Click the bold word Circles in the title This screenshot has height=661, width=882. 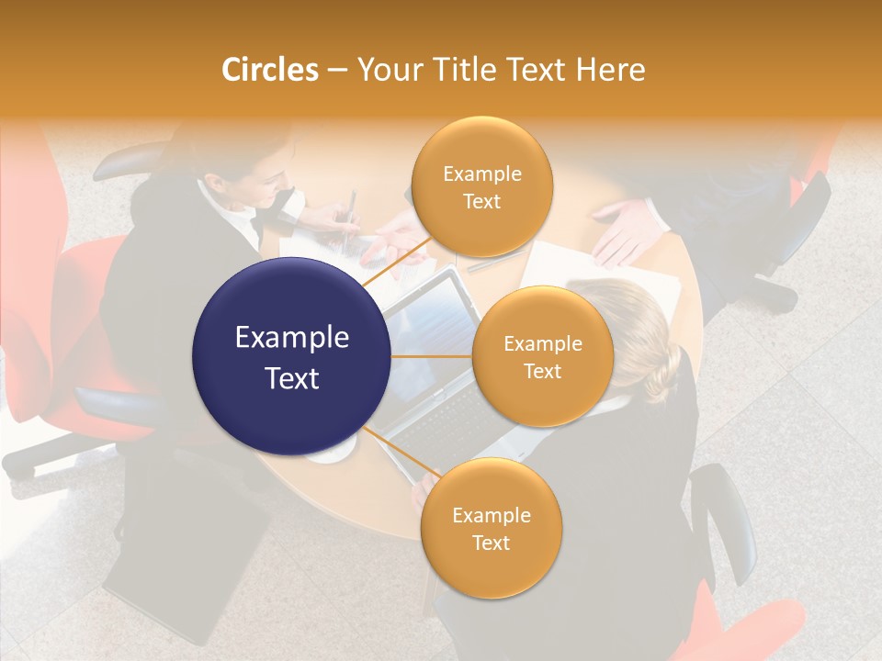(269, 70)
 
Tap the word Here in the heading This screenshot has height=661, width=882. (611, 70)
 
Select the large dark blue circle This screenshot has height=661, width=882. (292, 357)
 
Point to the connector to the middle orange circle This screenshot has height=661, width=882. (432, 356)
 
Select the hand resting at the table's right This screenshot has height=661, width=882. (625, 230)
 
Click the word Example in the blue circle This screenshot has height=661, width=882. (292, 338)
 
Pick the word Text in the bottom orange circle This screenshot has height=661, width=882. (491, 543)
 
